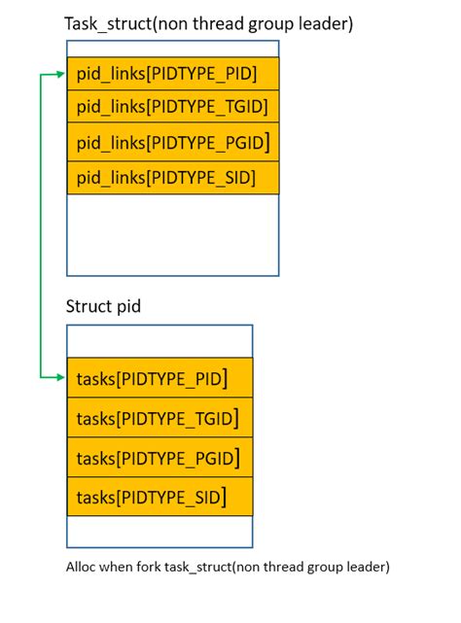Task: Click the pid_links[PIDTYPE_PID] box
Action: (173, 74)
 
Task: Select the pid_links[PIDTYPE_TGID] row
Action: (173, 106)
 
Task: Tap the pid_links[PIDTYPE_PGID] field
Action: (173, 142)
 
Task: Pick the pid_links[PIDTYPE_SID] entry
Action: (173, 178)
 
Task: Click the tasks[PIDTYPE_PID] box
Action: (160, 377)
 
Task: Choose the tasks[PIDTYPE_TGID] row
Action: (160, 418)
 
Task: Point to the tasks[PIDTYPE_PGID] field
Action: (160, 458)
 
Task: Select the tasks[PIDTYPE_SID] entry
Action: (160, 497)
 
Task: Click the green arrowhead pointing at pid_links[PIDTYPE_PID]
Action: (61, 74)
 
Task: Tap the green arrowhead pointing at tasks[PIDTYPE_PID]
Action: (61, 377)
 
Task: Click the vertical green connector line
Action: (41, 225)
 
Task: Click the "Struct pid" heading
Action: (103, 307)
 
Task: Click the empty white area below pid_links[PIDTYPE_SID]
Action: (173, 234)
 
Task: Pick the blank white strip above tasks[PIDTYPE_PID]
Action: (160, 341)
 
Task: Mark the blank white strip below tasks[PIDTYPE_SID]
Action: (160, 532)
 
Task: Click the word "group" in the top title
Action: (271, 24)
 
